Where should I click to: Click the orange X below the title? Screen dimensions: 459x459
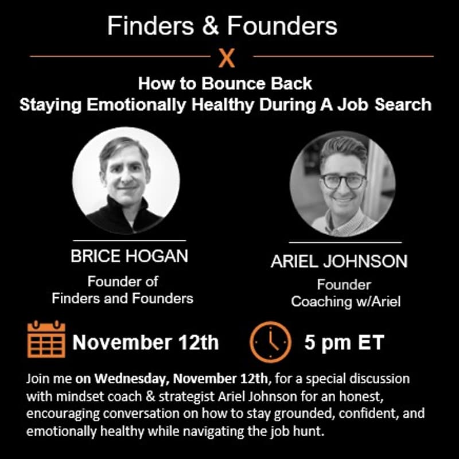tap(227, 58)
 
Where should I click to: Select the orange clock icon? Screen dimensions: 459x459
tap(270, 342)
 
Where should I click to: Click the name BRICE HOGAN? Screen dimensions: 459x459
tap(129, 256)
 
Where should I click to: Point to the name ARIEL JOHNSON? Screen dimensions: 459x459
tap(339, 262)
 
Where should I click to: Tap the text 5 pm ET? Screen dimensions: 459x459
tap(344, 343)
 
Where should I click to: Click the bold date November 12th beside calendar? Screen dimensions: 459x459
tap(146, 343)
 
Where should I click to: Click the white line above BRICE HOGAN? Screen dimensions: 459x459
tap(129, 240)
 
